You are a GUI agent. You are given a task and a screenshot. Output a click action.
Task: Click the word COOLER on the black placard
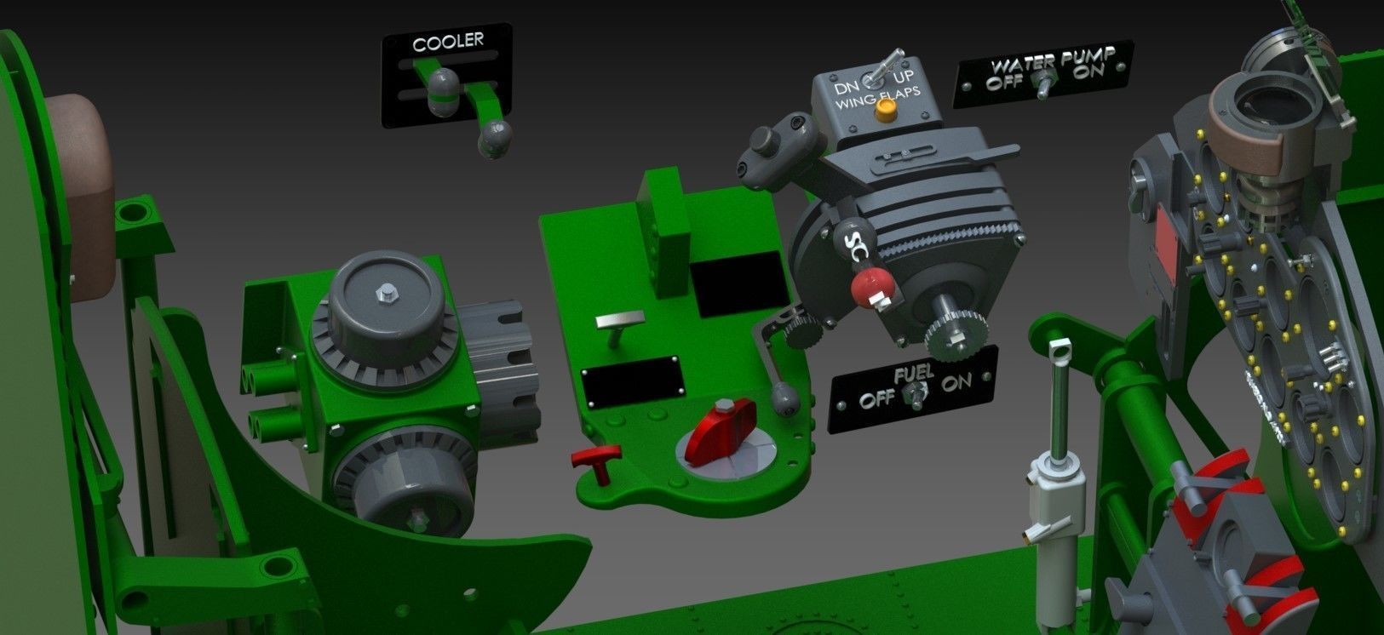[x=448, y=41]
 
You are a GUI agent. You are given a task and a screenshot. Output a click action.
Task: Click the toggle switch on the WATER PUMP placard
[x=1042, y=83]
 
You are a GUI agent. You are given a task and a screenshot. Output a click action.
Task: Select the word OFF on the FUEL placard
[x=877, y=399]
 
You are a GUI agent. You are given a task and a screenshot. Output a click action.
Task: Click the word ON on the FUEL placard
[x=956, y=382]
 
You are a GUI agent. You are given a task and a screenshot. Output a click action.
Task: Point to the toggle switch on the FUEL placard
[x=917, y=392]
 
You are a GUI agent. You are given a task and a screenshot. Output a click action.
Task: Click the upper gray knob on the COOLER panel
[x=443, y=85]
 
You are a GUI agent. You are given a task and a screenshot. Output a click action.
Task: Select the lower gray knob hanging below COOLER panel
[x=496, y=137]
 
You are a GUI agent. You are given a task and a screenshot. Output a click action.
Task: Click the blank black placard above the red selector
[x=632, y=381]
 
